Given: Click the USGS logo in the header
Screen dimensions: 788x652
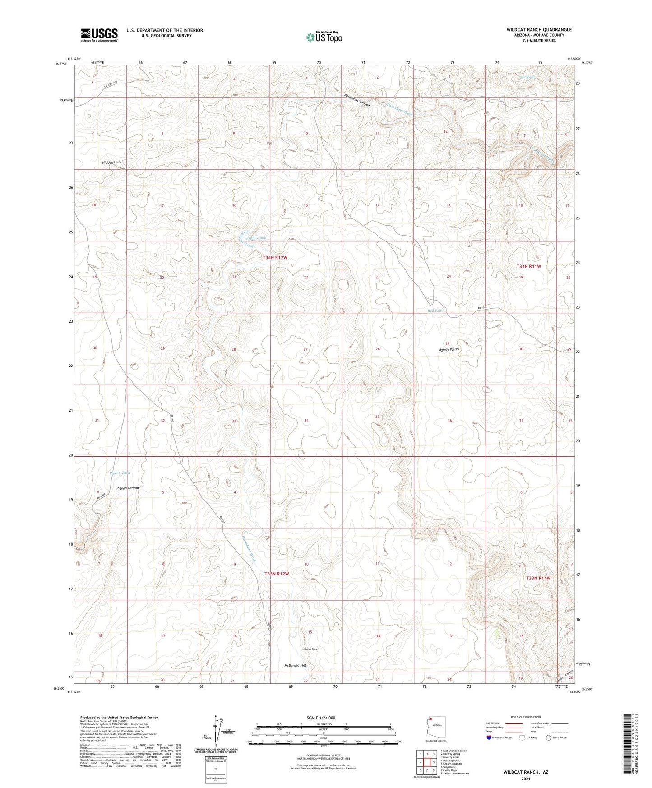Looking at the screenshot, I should click(x=99, y=34).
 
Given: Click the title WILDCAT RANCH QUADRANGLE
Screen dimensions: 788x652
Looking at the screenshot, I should click(x=539, y=30).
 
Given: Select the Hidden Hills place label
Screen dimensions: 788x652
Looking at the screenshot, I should click(x=111, y=162).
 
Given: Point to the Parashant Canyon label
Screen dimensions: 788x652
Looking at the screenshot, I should click(x=356, y=101).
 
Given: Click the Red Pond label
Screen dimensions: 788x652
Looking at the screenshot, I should click(x=435, y=311).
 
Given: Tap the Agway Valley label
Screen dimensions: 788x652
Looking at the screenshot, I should click(x=449, y=349).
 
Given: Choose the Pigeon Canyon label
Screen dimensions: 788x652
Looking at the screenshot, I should click(x=128, y=488).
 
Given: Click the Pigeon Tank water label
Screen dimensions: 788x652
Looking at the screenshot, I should click(x=120, y=473).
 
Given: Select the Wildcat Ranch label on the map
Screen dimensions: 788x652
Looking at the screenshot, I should click(x=310, y=649).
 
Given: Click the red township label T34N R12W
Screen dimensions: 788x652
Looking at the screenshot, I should click(x=275, y=257).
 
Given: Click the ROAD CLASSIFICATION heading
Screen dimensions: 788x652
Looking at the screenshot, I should click(x=527, y=717).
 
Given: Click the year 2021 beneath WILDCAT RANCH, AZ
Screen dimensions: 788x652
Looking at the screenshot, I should click(x=526, y=779).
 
